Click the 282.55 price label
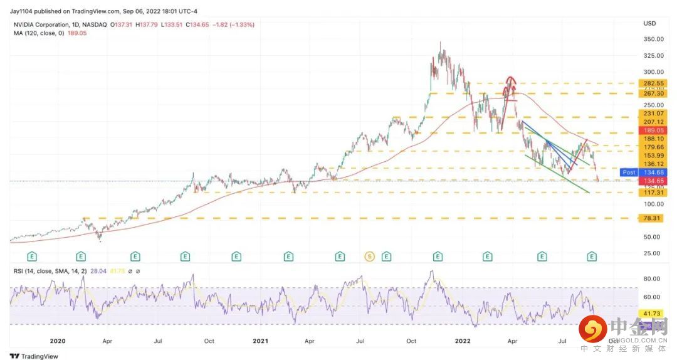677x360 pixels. (x=649, y=83)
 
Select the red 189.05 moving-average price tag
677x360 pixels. (x=649, y=130)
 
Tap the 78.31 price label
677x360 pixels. (x=649, y=218)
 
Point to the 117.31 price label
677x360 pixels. (x=649, y=193)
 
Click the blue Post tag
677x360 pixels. (x=629, y=172)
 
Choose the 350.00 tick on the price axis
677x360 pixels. (x=653, y=39)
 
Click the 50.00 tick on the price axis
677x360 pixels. (x=652, y=237)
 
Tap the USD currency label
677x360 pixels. (x=649, y=24)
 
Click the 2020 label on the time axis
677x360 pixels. (x=58, y=341)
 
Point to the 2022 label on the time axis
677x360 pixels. (x=463, y=341)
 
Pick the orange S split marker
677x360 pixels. (x=370, y=257)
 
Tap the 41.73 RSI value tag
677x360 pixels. (x=649, y=312)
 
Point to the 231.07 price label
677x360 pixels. (x=649, y=113)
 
